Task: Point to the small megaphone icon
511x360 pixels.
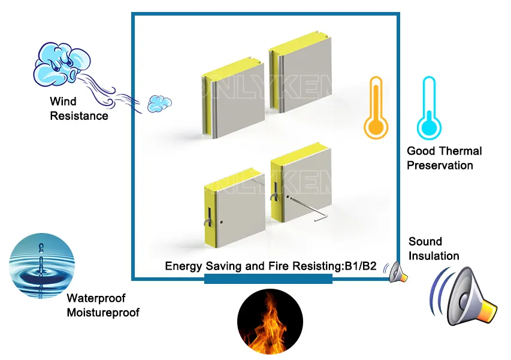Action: coord(398,273)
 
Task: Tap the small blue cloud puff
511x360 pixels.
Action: coord(159,102)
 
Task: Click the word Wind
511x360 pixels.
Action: coord(63,102)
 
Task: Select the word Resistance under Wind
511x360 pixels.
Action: coord(79,116)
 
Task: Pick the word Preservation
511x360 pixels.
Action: coord(440,165)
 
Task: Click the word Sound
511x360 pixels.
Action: coord(425,241)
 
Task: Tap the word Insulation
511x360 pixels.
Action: coord(434,256)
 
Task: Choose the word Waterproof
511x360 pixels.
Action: coord(96,298)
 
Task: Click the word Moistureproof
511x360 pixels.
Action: coord(102,312)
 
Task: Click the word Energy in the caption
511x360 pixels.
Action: coord(183,266)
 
